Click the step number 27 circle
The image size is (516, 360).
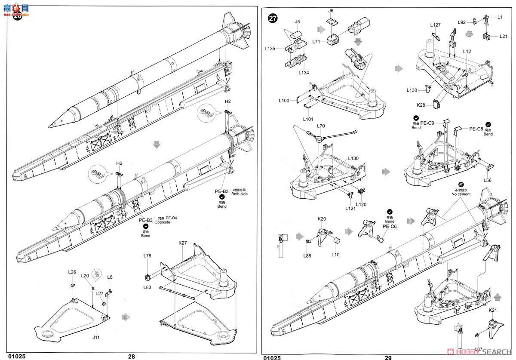pos(273,18)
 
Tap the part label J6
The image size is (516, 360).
pos(331,10)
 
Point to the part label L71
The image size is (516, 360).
pos(317,41)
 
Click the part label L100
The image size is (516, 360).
pos(285,101)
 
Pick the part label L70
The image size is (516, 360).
pos(321,126)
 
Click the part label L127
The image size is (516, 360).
pos(435,25)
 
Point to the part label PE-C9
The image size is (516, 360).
pos(433,123)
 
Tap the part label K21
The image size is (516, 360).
pos(492,310)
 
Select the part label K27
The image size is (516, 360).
pos(183,243)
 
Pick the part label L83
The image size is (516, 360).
pos(148,287)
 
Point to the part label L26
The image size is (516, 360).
pos(72,272)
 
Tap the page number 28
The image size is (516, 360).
pos(131,356)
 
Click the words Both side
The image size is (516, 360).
pos(240,194)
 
